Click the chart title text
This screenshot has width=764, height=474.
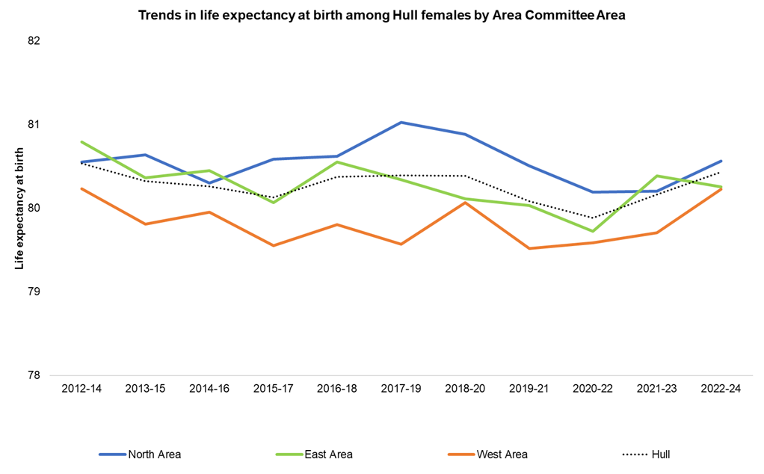click(x=381, y=16)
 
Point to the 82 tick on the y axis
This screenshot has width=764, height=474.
click(x=33, y=40)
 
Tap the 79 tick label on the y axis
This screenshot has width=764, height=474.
click(x=33, y=291)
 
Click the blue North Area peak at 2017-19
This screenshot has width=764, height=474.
click(x=401, y=122)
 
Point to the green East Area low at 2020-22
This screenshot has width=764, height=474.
click(x=593, y=231)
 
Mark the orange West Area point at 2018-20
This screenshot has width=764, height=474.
click(x=465, y=203)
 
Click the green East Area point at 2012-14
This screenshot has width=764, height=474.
click(x=81, y=142)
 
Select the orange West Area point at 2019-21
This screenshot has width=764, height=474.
click(x=529, y=248)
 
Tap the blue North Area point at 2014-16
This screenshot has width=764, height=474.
click(x=209, y=182)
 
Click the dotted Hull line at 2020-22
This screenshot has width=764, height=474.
click(x=593, y=218)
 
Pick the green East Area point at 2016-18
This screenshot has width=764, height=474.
click(x=337, y=162)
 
